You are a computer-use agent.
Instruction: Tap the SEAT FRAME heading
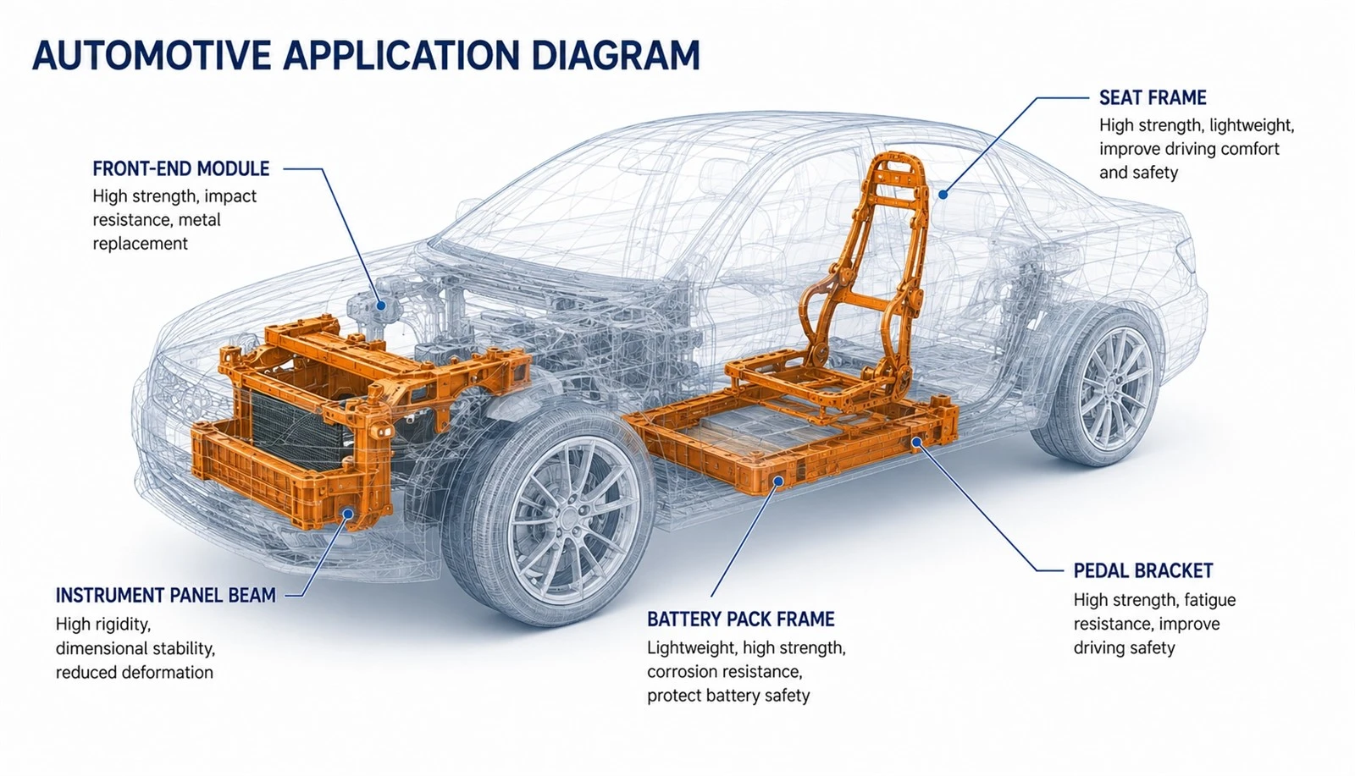tap(1153, 98)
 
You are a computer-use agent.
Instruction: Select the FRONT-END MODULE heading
tap(181, 168)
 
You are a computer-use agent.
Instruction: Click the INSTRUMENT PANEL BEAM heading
tap(166, 595)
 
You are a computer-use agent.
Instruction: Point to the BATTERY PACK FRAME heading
tap(740, 619)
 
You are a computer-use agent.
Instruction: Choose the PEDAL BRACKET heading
tap(1143, 570)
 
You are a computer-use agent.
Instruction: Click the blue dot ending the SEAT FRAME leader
tap(943, 195)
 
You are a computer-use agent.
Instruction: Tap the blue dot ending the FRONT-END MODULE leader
tap(380, 305)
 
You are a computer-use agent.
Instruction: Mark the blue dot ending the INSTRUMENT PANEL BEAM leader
tap(347, 514)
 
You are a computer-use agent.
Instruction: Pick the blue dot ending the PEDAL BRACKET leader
tap(916, 443)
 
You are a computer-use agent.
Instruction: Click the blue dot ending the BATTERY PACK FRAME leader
tap(779, 481)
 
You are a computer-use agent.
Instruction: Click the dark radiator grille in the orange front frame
tap(296, 423)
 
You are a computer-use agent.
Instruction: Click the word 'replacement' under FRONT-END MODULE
tap(141, 245)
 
